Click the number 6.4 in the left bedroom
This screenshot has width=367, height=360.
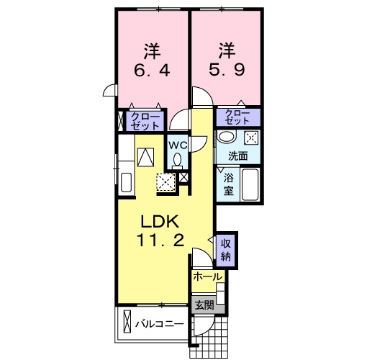click(152, 72)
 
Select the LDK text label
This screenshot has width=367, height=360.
click(153, 220)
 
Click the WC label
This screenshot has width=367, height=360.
click(177, 143)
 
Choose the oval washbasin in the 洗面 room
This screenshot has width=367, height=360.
click(227, 138)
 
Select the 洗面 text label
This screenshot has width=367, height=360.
click(238, 155)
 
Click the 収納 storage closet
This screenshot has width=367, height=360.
click(226, 248)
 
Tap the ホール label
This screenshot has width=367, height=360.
click(207, 276)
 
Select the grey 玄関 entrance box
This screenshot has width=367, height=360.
click(204, 305)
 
